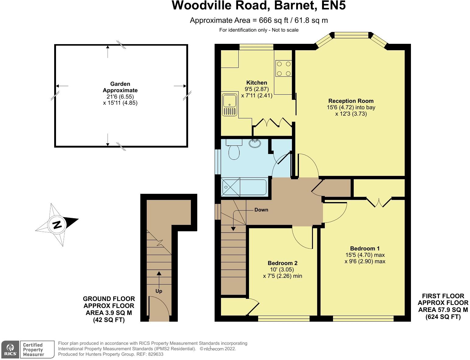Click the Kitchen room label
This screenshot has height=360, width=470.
click(x=257, y=82)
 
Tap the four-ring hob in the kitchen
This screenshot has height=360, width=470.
click(x=283, y=68)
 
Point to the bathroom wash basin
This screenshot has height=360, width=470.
click(x=254, y=143)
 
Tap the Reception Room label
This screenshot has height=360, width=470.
click(x=351, y=101)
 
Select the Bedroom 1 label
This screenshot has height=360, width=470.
click(x=365, y=248)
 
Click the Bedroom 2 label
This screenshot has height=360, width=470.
click(x=282, y=263)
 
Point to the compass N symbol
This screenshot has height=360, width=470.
click(x=57, y=225)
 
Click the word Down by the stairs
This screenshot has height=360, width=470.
click(x=261, y=210)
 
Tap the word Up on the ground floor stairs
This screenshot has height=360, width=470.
click(x=159, y=291)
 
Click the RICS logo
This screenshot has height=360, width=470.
click(x=10, y=349)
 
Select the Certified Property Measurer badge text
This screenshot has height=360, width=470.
click(x=33, y=349)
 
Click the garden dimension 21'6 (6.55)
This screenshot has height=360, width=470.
click(x=120, y=96)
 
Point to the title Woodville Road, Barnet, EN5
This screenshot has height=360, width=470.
click(x=258, y=5)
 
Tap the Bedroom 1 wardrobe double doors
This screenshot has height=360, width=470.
click(x=379, y=202)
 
